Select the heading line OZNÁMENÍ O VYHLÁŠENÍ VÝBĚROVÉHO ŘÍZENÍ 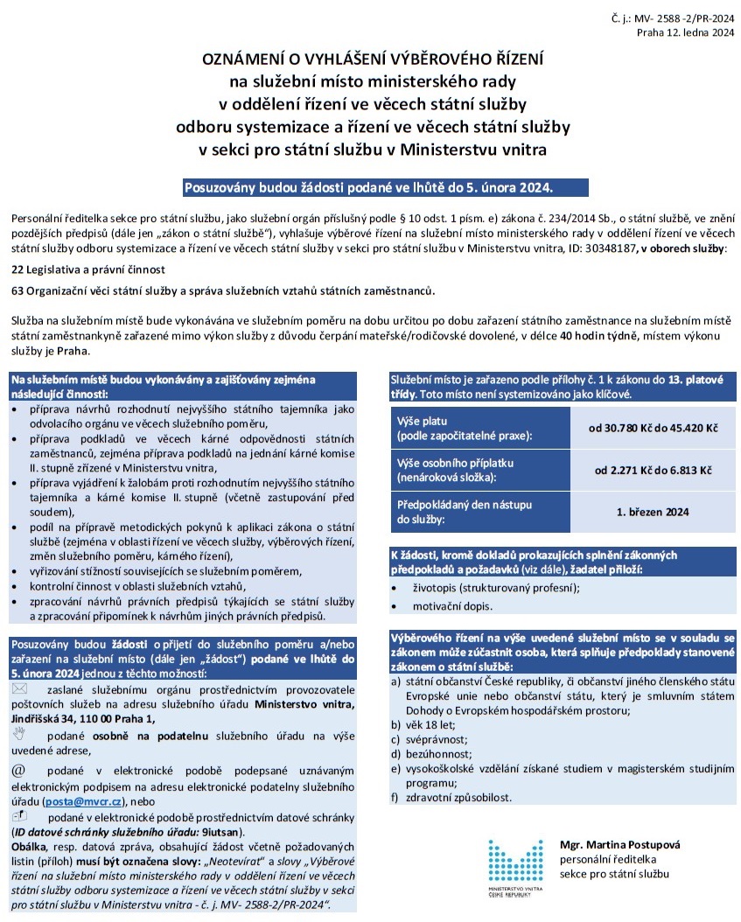point(373,60)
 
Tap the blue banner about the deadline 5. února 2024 point(368,187)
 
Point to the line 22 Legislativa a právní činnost point(88,269)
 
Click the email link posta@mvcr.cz point(84,800)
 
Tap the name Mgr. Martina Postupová point(619,845)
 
